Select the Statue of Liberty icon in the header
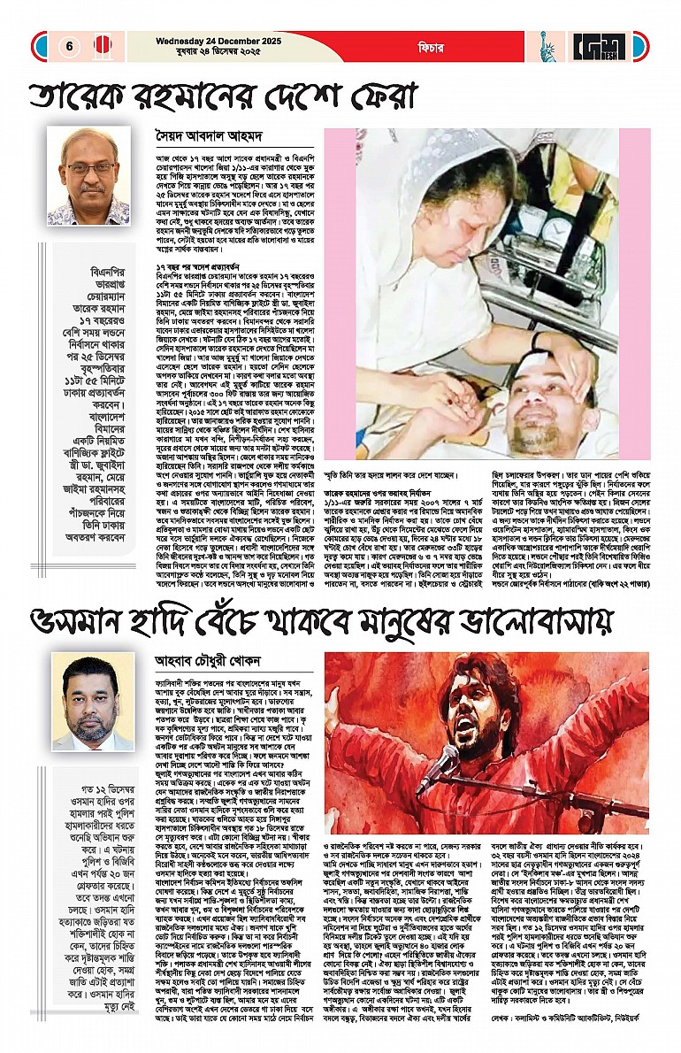[549, 45]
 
